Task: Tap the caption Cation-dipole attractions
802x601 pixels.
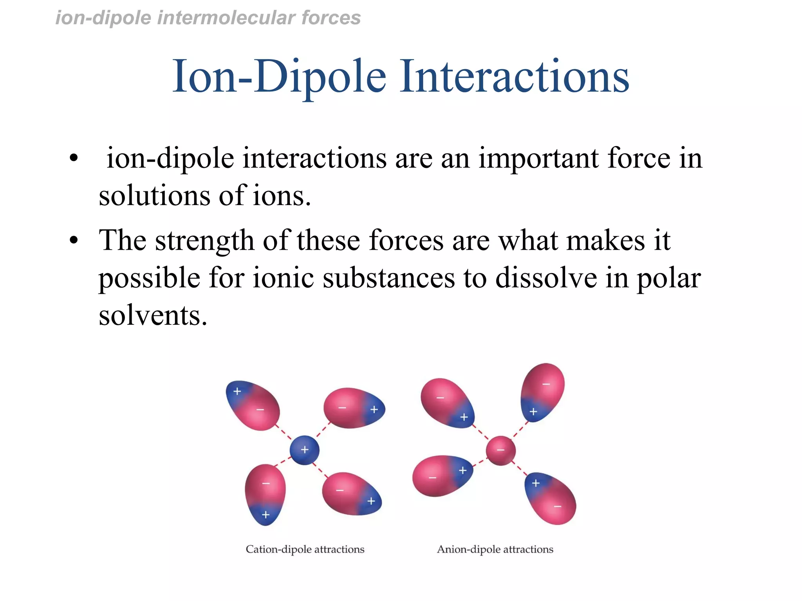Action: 305,549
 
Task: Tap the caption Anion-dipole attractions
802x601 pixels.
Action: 495,549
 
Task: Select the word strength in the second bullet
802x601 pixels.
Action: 204,241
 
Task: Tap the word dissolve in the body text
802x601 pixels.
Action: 546,278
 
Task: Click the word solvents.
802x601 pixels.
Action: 153,315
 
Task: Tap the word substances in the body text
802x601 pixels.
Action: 388,278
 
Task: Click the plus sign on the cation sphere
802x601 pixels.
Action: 305,450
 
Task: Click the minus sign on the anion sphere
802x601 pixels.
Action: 500,450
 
